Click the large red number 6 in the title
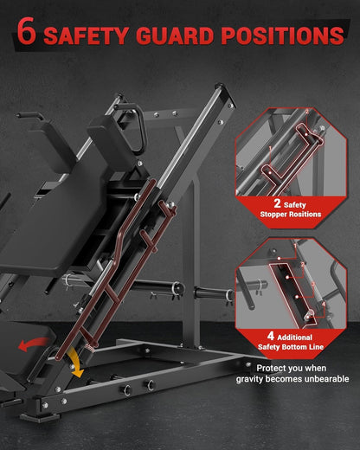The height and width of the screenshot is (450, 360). pyautogui.click(x=27, y=31)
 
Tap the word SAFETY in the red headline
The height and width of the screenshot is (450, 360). pyautogui.click(x=86, y=35)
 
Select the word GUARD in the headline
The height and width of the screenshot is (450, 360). pyautogui.click(x=175, y=35)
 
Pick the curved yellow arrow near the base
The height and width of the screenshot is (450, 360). pyautogui.click(x=75, y=362)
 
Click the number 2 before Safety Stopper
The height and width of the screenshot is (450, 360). pyautogui.click(x=277, y=203)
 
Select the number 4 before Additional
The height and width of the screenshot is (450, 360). pyautogui.click(x=271, y=336)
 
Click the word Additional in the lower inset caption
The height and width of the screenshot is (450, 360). pyautogui.click(x=294, y=337)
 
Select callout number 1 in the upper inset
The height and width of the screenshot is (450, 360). pyautogui.click(x=270, y=148)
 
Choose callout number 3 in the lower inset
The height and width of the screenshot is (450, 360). pyautogui.click(x=313, y=284)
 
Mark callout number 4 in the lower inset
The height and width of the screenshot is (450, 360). pyautogui.click(x=324, y=304)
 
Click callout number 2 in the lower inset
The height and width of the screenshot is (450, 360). pyautogui.click(x=303, y=265)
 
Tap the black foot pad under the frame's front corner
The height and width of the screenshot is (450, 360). pyautogui.click(x=40, y=417)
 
